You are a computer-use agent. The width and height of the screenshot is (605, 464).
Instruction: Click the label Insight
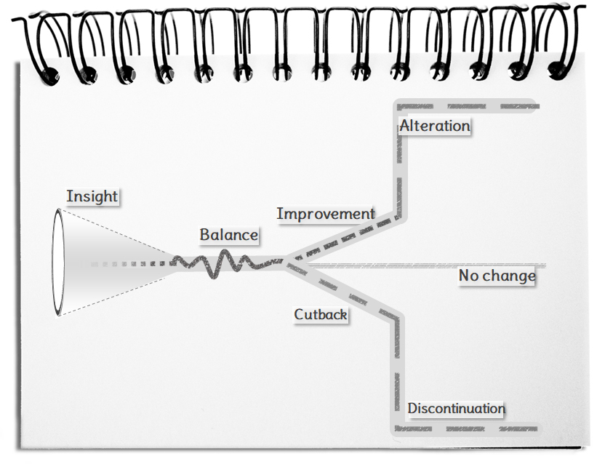pos(92,196)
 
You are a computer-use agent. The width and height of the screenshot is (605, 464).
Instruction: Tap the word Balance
pos(228,235)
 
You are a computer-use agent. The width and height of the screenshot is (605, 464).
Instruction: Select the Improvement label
pos(325,214)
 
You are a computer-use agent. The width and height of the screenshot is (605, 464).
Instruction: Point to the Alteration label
pos(434,126)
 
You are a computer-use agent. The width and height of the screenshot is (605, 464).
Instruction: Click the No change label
pos(497,276)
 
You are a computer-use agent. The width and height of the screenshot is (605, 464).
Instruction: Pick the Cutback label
pos(320,315)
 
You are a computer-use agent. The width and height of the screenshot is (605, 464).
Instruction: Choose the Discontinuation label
pos(455,408)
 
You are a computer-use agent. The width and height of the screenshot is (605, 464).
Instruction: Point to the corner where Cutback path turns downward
pos(396,316)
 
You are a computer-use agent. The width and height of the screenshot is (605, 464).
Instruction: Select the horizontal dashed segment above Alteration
pos(465,107)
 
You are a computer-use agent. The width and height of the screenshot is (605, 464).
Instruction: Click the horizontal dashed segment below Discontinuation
pos(465,428)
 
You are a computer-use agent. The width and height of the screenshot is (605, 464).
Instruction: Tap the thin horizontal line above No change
pos(429,265)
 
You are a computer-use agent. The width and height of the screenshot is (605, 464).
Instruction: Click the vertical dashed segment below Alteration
pos(399,175)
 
